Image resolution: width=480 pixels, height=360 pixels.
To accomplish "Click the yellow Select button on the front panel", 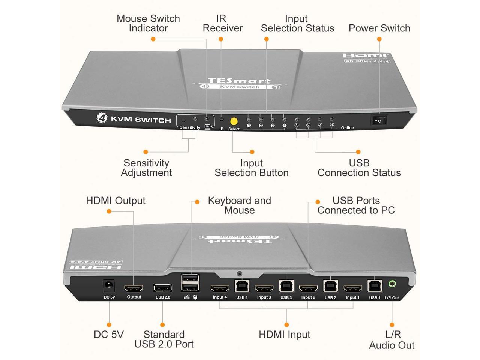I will coord(234,121).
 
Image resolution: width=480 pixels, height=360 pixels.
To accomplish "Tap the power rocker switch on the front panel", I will coord(379,120).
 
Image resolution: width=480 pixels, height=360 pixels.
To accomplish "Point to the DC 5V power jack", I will coord(109,286).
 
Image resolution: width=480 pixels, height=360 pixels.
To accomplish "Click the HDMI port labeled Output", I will coord(133,288).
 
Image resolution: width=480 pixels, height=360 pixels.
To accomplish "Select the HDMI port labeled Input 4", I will coord(220,288).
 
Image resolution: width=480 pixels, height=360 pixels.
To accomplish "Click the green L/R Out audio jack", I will coord(392,284).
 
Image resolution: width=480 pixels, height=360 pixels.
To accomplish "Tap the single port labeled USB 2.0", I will coord(162,288).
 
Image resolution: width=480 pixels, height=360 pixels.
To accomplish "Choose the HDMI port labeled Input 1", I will coord(352,288).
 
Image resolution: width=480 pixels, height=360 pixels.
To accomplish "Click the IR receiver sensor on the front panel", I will coord(222,120).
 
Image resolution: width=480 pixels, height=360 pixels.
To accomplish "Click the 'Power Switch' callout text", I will coord(379,28).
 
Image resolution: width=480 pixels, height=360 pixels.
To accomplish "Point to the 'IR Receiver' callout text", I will coord(222,23).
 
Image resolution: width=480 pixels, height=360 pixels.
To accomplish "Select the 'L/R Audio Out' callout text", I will coord(392,340).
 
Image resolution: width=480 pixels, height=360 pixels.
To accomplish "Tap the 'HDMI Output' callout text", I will coord(115,201).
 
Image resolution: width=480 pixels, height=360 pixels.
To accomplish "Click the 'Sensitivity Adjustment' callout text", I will coord(146,168).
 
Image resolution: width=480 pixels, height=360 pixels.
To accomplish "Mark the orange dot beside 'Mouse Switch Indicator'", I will coord(153,39).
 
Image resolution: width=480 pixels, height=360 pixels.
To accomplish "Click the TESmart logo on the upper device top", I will coord(239,81).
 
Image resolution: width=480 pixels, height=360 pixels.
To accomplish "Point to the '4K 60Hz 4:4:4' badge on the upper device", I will coord(367,61).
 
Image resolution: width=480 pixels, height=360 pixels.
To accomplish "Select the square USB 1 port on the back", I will coord(374,286).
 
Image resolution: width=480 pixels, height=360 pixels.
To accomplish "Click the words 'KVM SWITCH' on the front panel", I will coord(141,120).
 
